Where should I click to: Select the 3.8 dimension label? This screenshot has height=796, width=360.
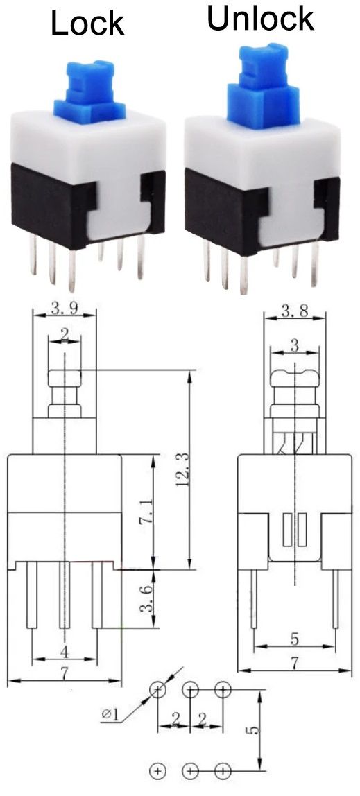pyautogui.click(x=295, y=311)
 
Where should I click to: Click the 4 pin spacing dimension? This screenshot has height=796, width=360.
pyautogui.click(x=64, y=651)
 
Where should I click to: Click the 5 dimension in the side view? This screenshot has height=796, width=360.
pyautogui.click(x=295, y=638)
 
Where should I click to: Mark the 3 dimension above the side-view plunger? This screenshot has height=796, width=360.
pyautogui.click(x=294, y=345)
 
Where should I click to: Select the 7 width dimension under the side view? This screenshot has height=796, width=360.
pyautogui.click(x=295, y=664)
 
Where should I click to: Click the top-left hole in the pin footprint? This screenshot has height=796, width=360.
pyautogui.click(x=159, y=690)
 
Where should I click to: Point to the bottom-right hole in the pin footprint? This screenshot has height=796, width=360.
pyautogui.click(x=223, y=770)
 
